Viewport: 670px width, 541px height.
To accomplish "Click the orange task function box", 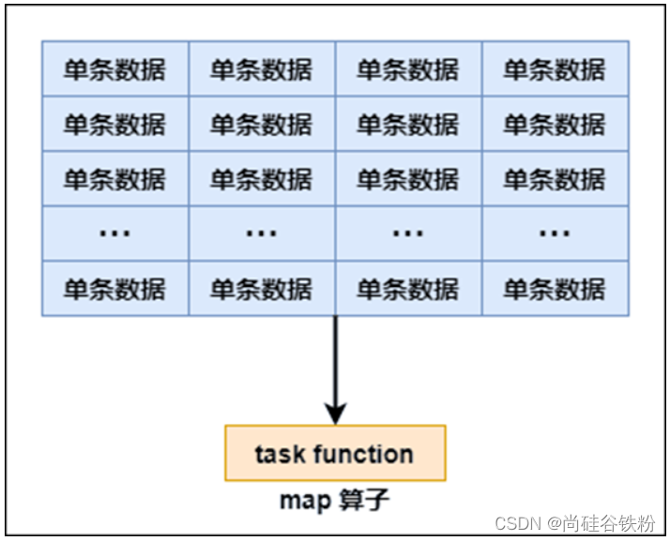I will coord(335,454).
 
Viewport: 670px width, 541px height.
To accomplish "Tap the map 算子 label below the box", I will coord(334,500).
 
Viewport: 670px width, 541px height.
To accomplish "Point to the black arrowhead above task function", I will coord(335,413).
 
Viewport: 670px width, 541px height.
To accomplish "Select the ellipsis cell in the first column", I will coord(114,233).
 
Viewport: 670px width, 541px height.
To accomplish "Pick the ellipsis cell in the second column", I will coord(261,233).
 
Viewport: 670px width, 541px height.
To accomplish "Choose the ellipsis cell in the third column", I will coord(408,233).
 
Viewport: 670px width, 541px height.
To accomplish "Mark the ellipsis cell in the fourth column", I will coord(555,233).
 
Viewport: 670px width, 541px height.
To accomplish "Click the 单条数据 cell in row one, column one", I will coord(114,68).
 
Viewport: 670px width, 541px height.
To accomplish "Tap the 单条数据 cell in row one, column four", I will coord(555,68).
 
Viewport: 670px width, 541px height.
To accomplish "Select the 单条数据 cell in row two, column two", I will coord(261,124).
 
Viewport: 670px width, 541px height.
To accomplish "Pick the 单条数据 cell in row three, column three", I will coord(408,178).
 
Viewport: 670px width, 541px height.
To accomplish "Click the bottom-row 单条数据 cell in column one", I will coord(114,289).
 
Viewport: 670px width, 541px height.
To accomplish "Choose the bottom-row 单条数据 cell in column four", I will coord(555,289).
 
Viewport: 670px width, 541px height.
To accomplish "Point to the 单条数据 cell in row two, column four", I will coord(555,124).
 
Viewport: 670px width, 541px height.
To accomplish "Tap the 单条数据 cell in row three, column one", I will coord(114,178).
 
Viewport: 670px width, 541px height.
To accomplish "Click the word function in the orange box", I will coord(363,455).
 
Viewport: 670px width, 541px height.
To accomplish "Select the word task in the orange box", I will coord(280,455).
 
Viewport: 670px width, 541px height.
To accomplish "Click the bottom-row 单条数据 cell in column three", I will coord(408,289).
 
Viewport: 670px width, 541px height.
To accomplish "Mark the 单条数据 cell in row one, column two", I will coord(261,68).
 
